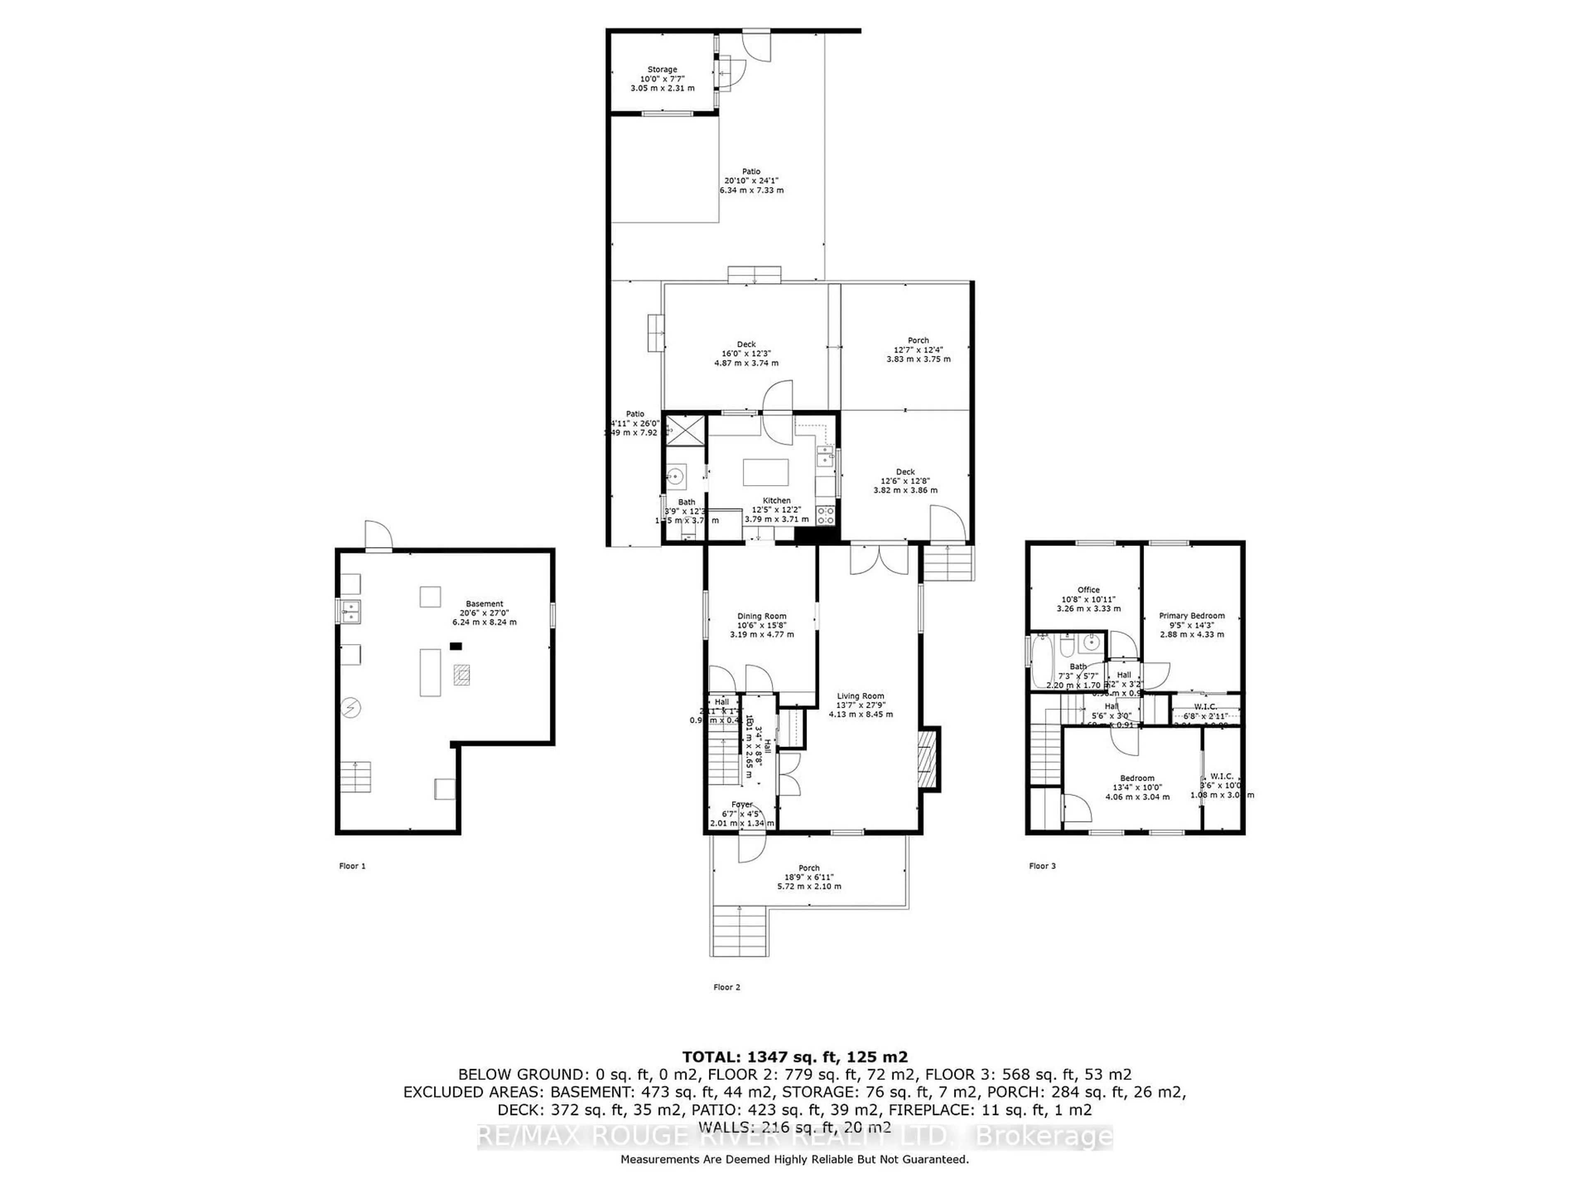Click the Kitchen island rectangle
tap(766, 473)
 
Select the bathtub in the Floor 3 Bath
tap(1041, 660)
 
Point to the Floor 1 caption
tap(352, 866)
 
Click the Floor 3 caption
tap(1042, 866)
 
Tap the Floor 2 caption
tap(727, 987)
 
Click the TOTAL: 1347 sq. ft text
tap(794, 1057)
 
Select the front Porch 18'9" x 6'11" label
tap(809, 877)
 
